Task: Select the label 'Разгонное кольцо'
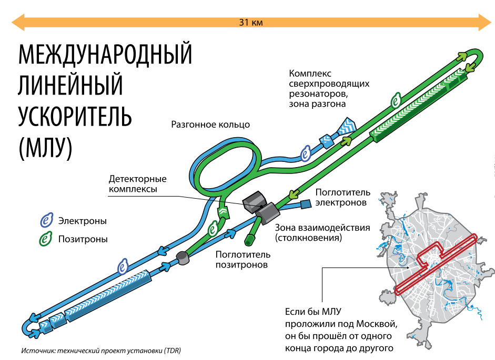[x=210, y=125]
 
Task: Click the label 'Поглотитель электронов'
[x=343, y=198]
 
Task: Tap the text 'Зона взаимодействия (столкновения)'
[x=322, y=233]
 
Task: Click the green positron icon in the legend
[x=47, y=239]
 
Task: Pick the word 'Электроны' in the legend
[x=83, y=221]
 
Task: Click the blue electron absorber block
[x=306, y=204]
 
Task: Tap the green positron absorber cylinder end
[x=249, y=242]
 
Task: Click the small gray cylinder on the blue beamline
[x=182, y=258]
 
